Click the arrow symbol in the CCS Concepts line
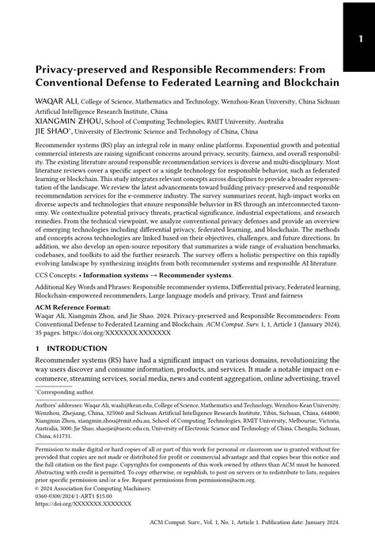pyautogui.click(x=159, y=282)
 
